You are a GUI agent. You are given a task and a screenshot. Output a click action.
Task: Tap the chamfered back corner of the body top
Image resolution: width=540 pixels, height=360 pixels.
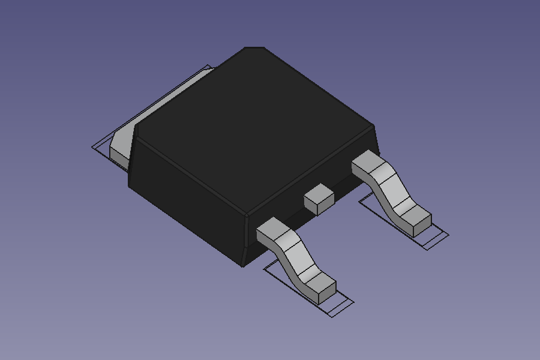pyautogui.click(x=254, y=48)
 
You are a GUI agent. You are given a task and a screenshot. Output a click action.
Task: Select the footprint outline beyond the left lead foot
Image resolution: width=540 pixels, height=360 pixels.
pyautogui.click(x=342, y=306)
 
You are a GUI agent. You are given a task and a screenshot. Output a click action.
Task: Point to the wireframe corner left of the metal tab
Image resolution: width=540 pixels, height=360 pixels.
pyautogui.click(x=94, y=147)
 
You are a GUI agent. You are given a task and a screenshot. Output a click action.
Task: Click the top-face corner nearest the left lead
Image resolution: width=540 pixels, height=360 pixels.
pyautogui.click(x=247, y=214)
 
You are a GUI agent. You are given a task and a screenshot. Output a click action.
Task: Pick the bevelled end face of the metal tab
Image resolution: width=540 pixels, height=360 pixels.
pyautogui.click(x=119, y=154)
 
